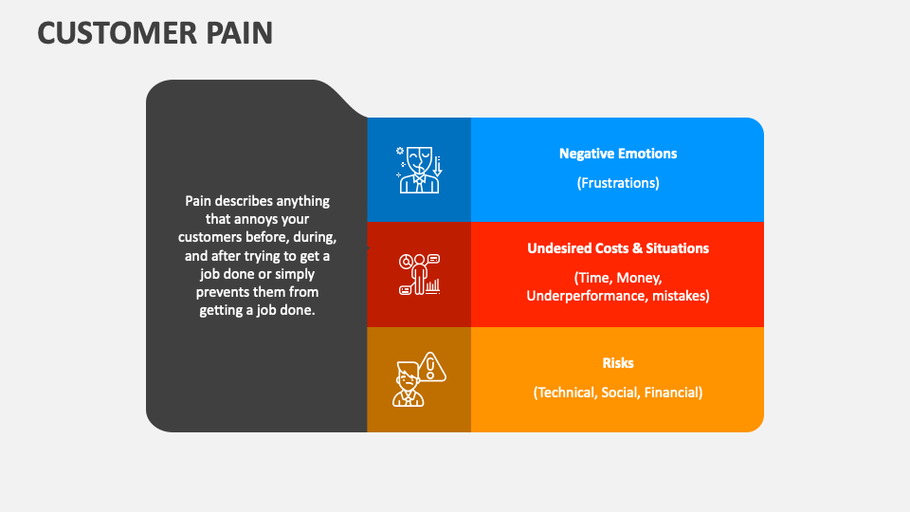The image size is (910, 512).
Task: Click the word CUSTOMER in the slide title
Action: (x=116, y=33)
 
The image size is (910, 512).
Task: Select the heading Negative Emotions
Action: (x=617, y=154)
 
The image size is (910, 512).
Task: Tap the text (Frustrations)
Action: (x=617, y=183)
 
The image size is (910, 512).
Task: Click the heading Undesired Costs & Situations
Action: (x=617, y=248)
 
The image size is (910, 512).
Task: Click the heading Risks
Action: (x=617, y=363)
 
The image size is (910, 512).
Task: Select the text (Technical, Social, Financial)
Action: (x=617, y=393)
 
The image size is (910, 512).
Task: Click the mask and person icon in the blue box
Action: (x=418, y=169)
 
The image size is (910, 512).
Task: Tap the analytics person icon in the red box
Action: (x=419, y=274)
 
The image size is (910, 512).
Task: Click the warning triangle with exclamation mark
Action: (x=433, y=366)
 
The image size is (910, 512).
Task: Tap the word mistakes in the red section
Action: (x=678, y=296)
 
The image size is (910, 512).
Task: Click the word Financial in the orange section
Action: (x=671, y=393)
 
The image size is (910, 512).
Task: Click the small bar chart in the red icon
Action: (x=432, y=284)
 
